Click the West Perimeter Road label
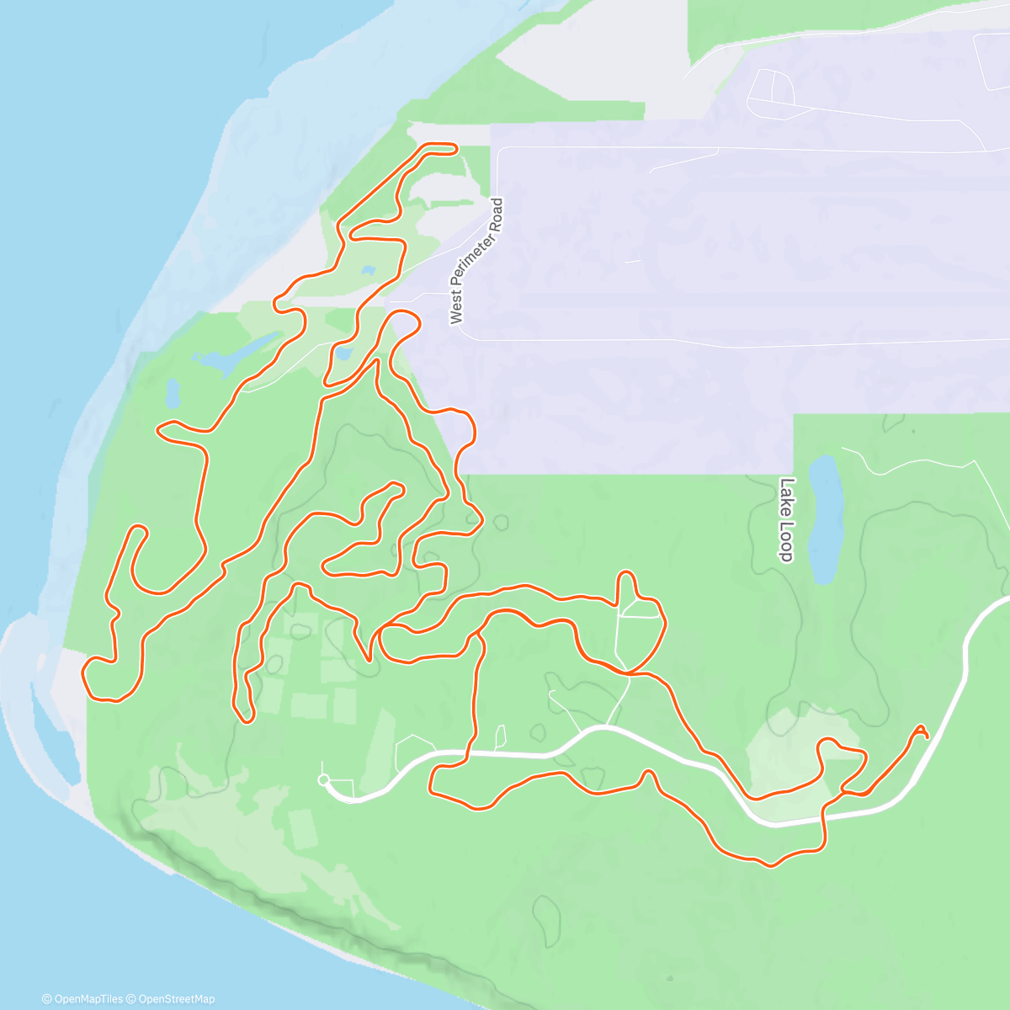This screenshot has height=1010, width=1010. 476,261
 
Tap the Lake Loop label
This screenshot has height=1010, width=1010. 786,519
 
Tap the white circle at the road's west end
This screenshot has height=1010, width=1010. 323,780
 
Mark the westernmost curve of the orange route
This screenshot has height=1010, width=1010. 84,673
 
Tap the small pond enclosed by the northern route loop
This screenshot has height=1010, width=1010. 368,271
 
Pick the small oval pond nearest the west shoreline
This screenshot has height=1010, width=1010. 173,392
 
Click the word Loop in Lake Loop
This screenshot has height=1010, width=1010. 785,543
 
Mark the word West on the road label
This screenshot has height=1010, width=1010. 457,309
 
